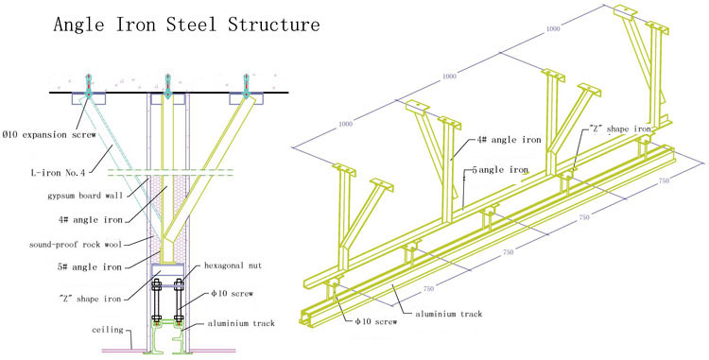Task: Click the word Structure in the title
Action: (x=273, y=24)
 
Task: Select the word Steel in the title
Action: (x=192, y=24)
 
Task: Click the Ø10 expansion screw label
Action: (x=49, y=134)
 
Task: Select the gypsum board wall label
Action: (x=84, y=196)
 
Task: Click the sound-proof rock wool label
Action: (x=76, y=245)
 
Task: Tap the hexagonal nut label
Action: (x=233, y=266)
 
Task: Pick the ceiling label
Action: (x=108, y=329)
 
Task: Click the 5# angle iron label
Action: (x=90, y=267)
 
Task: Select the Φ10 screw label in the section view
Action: (x=232, y=294)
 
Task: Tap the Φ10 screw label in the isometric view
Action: (x=375, y=321)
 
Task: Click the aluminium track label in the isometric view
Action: (x=449, y=314)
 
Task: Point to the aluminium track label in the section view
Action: (x=241, y=323)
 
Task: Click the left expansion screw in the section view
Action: (x=89, y=86)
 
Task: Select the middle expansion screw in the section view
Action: (x=167, y=86)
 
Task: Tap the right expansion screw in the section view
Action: (x=247, y=86)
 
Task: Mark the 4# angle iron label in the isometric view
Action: (x=509, y=140)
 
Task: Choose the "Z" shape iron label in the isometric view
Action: (x=620, y=129)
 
